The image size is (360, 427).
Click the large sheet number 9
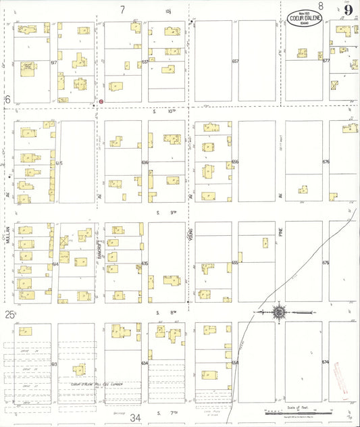(x=347, y=9)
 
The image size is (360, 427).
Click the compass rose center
(x=278, y=312)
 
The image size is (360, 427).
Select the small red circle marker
(x=101, y=101)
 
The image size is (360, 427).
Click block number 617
(x=53, y=61)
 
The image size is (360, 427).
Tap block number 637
(x=145, y=61)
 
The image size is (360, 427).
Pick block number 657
(x=235, y=61)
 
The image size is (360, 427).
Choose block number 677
(x=326, y=61)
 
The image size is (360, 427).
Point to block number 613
(x=53, y=363)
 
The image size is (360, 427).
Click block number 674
(x=326, y=363)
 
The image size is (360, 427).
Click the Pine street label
(x=280, y=235)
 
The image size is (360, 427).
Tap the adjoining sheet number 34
(x=136, y=418)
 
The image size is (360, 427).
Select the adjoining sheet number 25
(x=9, y=314)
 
